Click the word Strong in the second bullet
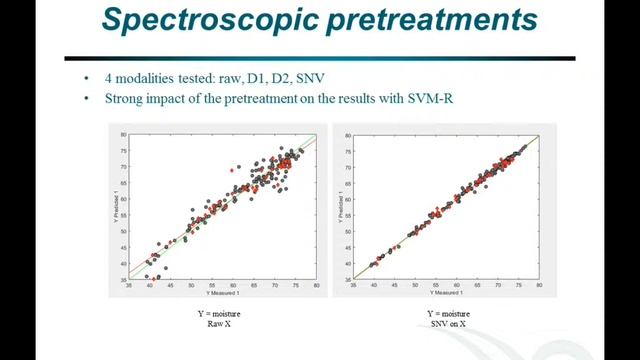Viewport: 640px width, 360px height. [124, 99]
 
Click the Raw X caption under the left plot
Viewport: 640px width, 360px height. [219, 324]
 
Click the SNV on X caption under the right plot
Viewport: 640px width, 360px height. [441, 324]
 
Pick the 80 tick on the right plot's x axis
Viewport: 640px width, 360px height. [539, 285]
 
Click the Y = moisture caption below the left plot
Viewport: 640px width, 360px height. [219, 314]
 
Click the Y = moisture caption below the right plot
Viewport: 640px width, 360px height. [441, 314]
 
